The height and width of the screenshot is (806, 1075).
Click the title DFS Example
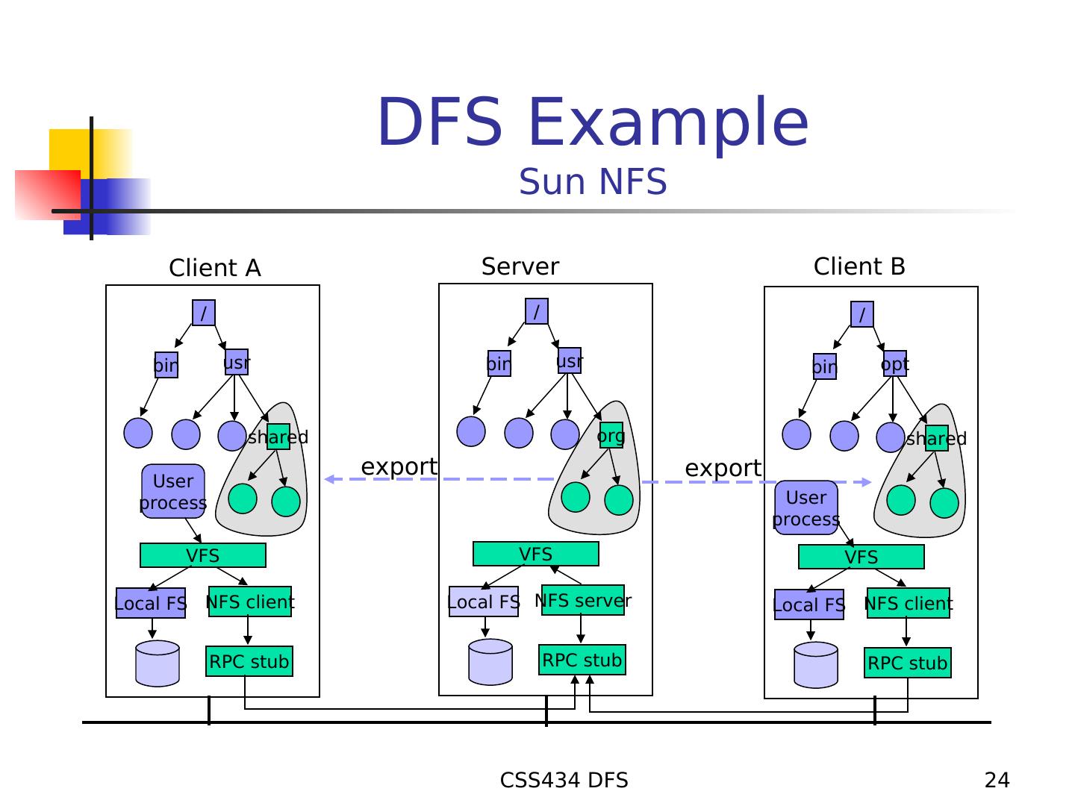[593, 122]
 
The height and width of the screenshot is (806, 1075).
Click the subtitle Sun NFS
[593, 182]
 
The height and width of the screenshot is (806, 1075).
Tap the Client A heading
[215, 268]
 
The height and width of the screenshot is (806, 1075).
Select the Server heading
[520, 266]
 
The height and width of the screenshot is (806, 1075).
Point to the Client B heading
[859, 266]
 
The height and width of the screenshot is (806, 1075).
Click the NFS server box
[583, 601]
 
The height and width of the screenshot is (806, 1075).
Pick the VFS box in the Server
[536, 554]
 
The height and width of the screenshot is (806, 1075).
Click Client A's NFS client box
[250, 602]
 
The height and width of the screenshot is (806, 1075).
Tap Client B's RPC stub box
[908, 663]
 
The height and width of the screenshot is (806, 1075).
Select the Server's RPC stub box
[582, 660]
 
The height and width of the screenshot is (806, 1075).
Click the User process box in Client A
[173, 492]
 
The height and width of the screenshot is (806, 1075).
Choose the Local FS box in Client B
[809, 604]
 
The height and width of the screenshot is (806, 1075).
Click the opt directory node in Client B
[895, 364]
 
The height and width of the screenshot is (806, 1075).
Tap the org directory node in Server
[611, 435]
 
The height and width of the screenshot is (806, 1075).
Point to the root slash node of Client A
[204, 313]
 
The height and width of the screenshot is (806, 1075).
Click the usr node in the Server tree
[570, 361]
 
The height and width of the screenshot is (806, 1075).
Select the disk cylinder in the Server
[490, 662]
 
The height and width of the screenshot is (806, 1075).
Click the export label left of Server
[399, 466]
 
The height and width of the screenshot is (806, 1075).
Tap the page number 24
[997, 781]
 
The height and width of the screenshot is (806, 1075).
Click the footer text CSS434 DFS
[564, 781]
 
